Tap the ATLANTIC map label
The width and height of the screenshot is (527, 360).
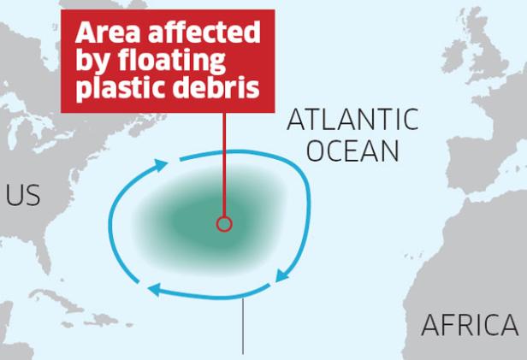[x=352, y=120]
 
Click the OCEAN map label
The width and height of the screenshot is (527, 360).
[x=352, y=151]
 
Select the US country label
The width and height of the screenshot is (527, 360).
[x=23, y=196]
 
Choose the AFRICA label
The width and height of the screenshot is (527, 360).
[x=470, y=325]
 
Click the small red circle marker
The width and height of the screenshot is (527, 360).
[x=224, y=224]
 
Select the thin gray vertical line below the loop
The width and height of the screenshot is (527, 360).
[x=246, y=325]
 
